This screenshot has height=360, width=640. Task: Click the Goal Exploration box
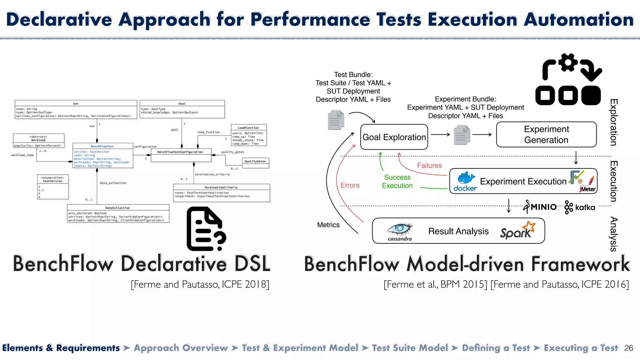coord(394,137)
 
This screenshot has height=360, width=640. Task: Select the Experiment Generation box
coord(546,134)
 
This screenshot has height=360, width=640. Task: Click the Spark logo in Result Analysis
coord(517,231)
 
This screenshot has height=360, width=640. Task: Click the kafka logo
coord(580,207)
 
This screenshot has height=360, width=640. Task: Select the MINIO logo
coord(540,207)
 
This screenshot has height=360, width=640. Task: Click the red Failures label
coord(429,165)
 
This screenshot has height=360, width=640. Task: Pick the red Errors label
coord(350,185)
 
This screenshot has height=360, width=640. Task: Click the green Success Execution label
coord(397,181)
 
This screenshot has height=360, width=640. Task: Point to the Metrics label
coord(328,225)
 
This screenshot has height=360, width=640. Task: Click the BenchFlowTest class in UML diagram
coord(102,155)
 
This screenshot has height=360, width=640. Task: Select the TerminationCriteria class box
coord(221,192)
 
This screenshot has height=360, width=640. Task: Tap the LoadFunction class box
coord(248,135)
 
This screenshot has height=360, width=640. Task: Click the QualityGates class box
coord(255,163)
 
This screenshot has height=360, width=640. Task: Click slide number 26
coord(628,348)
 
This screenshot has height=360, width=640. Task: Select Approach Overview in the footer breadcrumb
coord(181,348)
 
